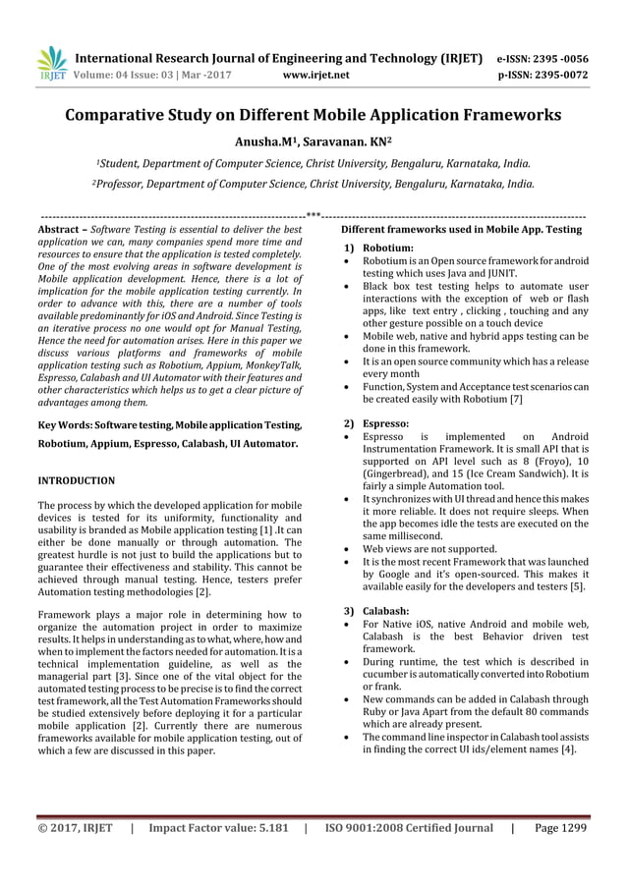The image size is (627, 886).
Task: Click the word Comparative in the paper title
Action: click(x=131, y=115)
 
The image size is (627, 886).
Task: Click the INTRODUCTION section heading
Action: click(x=76, y=480)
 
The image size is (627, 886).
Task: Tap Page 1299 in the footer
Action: click(x=560, y=828)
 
